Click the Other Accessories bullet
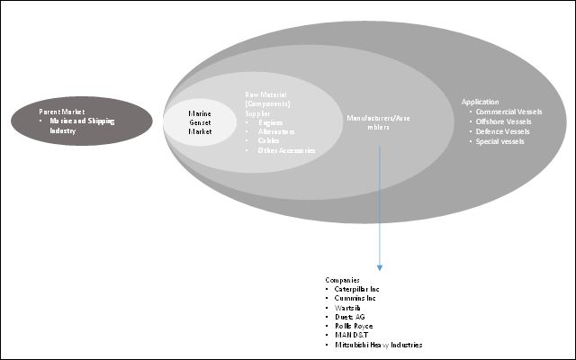point(286,150)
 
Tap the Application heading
point(480,102)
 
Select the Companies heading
point(343,281)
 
